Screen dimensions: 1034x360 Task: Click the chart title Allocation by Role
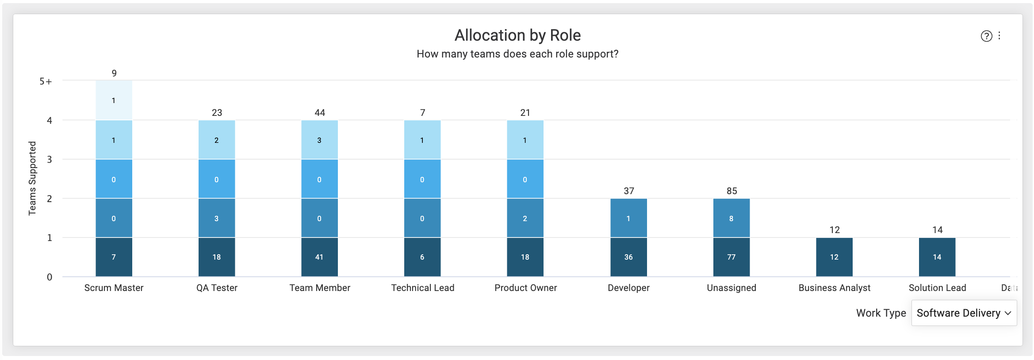pyautogui.click(x=517, y=35)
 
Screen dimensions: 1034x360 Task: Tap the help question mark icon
pyautogui.click(x=986, y=36)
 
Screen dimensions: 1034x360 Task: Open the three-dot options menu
pyautogui.click(x=999, y=36)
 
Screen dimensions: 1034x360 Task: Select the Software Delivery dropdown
pyautogui.click(x=964, y=313)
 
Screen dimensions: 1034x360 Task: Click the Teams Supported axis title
pyautogui.click(x=32, y=178)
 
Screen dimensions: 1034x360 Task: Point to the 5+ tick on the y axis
pyautogui.click(x=46, y=81)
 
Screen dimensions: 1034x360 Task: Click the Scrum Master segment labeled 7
pyautogui.click(x=114, y=257)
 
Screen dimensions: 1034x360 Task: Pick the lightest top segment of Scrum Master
pyautogui.click(x=114, y=100)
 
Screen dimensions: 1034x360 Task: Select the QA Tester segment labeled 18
pyautogui.click(x=217, y=257)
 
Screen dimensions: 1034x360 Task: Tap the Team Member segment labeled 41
pyautogui.click(x=319, y=257)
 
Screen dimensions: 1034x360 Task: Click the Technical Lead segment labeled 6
pyautogui.click(x=422, y=257)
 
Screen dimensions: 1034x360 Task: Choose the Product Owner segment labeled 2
pyautogui.click(x=525, y=218)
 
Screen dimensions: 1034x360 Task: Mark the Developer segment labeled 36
pyautogui.click(x=628, y=257)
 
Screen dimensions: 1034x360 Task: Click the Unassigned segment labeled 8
pyautogui.click(x=731, y=218)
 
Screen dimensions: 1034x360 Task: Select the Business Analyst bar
pyautogui.click(x=834, y=257)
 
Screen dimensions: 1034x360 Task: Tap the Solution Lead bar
pyautogui.click(x=937, y=257)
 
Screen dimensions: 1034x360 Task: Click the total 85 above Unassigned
pyautogui.click(x=732, y=191)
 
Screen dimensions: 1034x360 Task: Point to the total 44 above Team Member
pyautogui.click(x=320, y=113)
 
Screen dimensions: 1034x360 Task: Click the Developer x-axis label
pyautogui.click(x=628, y=288)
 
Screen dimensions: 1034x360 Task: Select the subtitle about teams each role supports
pyautogui.click(x=517, y=54)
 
